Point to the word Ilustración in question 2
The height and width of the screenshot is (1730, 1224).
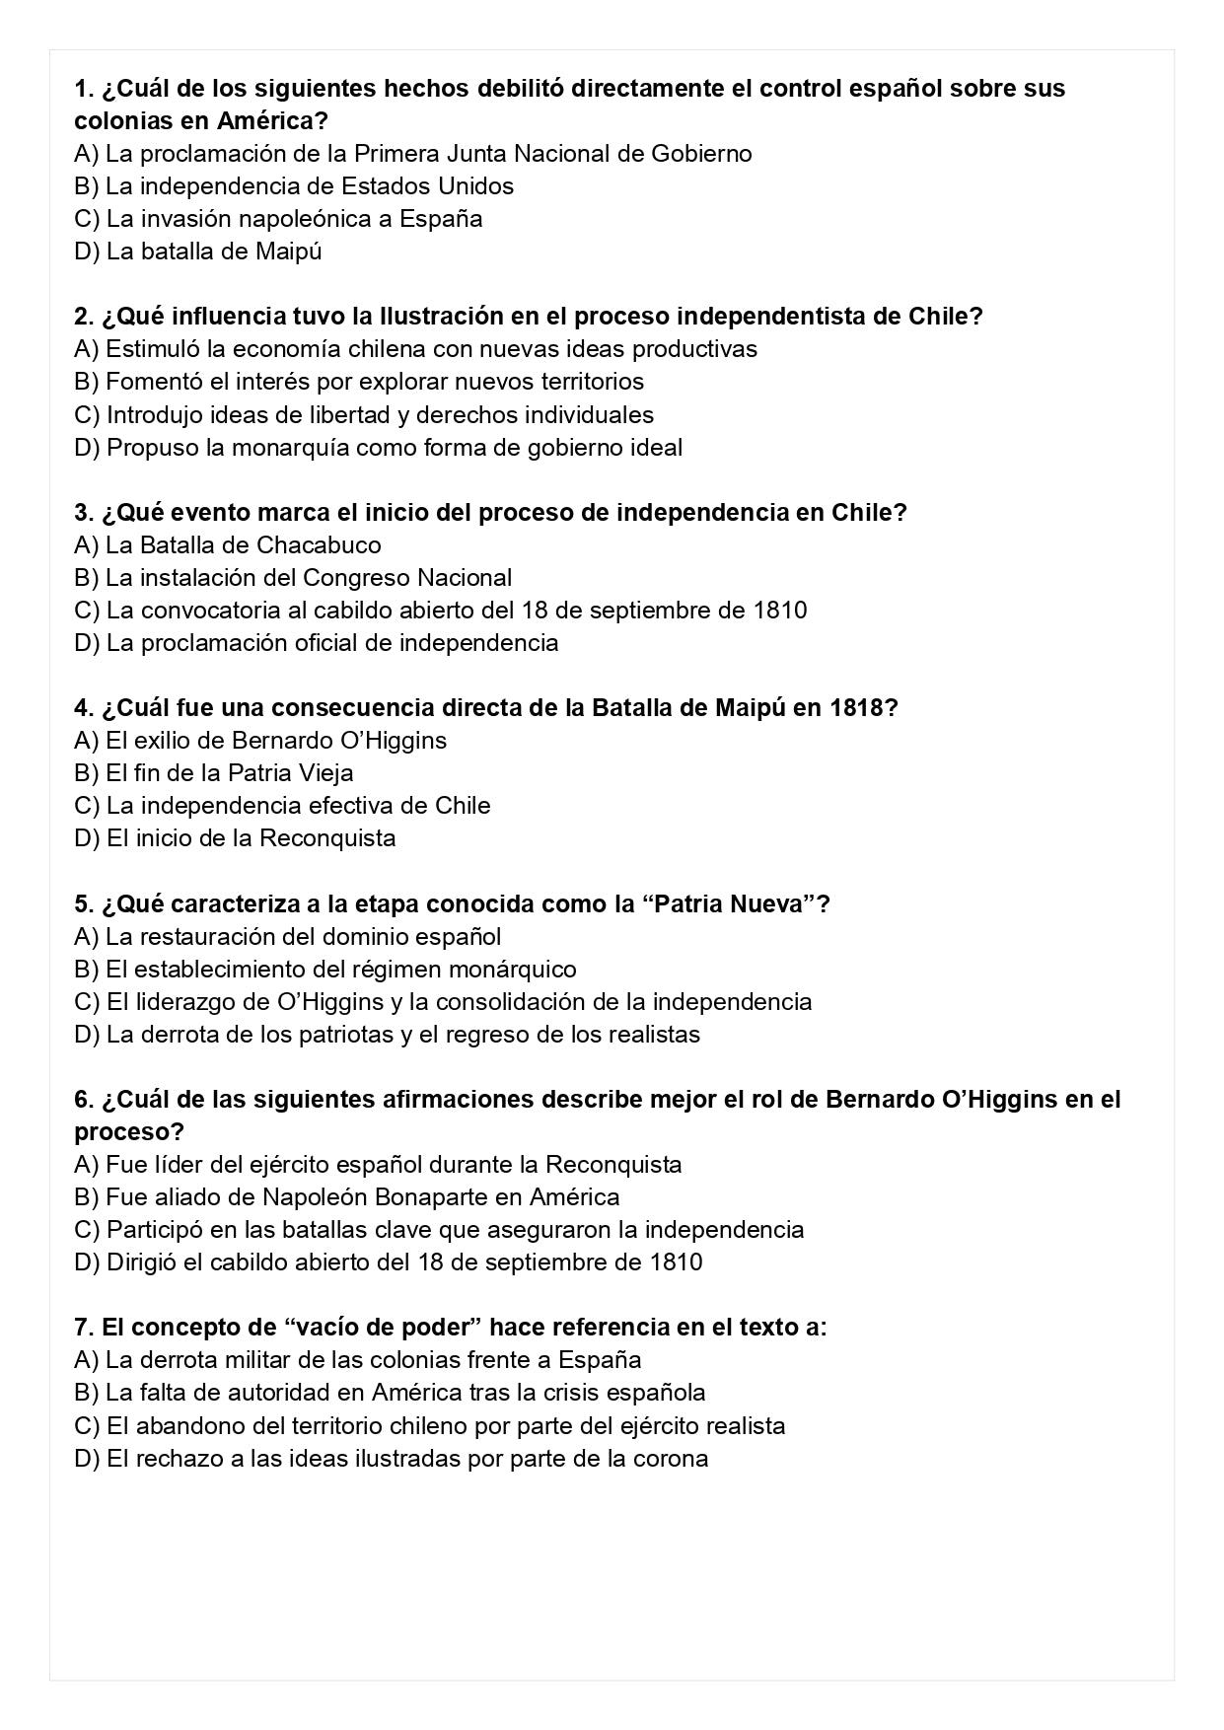click(x=438, y=317)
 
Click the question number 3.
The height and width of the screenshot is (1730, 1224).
click(x=83, y=513)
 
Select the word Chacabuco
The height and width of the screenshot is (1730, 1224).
click(x=319, y=545)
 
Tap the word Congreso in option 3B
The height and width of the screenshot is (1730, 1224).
click(x=357, y=578)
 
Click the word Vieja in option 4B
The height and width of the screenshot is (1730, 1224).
click(x=326, y=773)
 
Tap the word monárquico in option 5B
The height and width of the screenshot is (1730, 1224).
click(x=514, y=970)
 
